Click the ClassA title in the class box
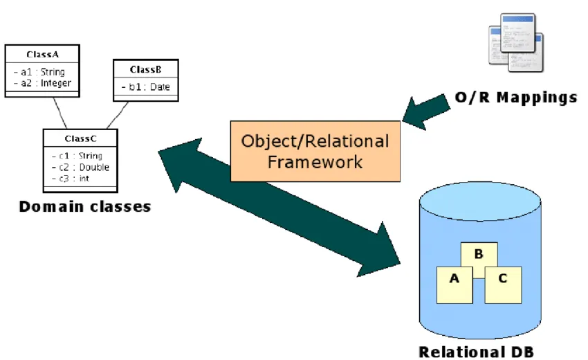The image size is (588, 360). tap(42, 54)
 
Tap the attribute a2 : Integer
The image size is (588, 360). tap(42, 83)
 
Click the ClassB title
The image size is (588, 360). tap(145, 69)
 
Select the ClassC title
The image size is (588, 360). tap(80, 138)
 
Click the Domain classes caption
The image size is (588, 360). tap(84, 206)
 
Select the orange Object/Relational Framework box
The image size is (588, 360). tap(315, 152)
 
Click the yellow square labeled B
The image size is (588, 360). tap(478, 258)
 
